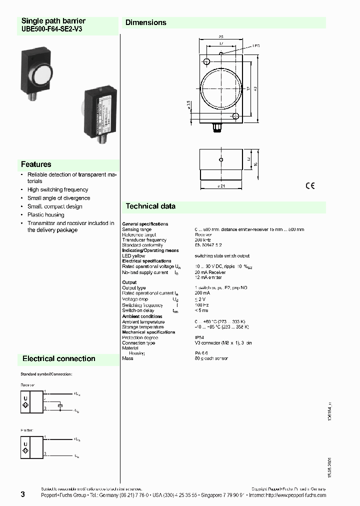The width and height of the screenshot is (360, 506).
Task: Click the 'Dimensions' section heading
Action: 145,22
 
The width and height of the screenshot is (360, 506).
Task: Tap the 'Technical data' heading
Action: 150,206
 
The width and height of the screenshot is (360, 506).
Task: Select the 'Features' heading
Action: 36,164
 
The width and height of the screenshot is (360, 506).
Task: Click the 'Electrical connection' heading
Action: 59,358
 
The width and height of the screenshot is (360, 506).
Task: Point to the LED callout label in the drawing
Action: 255,45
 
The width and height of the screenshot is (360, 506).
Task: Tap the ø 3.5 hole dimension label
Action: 188,106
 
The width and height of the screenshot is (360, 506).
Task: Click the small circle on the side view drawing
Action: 220,160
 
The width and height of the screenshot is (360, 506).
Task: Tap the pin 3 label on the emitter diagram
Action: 45,454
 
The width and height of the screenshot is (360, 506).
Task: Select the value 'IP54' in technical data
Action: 199,337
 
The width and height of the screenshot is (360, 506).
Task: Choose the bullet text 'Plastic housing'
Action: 45,214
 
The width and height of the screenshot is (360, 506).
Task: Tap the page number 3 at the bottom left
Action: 22,494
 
